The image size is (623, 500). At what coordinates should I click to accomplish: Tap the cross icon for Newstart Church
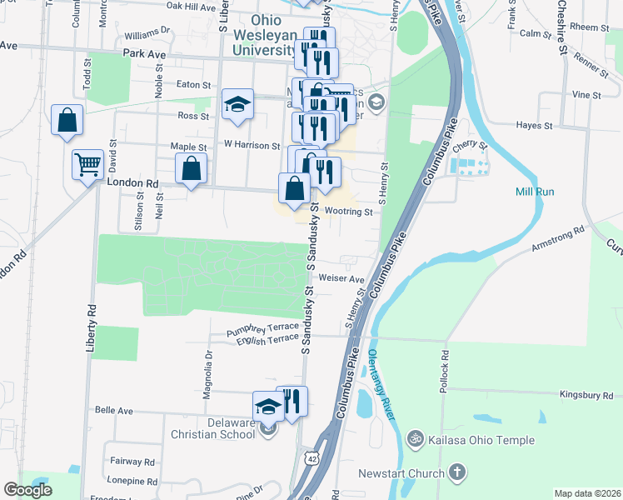tap(456, 473)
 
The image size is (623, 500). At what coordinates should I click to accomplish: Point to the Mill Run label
tap(534, 192)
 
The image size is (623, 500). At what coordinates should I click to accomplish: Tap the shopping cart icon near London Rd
tap(87, 164)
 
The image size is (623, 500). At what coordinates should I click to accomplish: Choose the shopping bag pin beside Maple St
tap(192, 169)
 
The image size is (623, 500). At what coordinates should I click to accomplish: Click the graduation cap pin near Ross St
tap(237, 105)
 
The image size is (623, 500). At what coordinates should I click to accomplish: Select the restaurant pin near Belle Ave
tap(292, 402)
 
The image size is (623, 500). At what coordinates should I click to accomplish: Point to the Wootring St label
tap(348, 212)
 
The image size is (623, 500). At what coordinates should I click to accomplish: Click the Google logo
tap(28, 490)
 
